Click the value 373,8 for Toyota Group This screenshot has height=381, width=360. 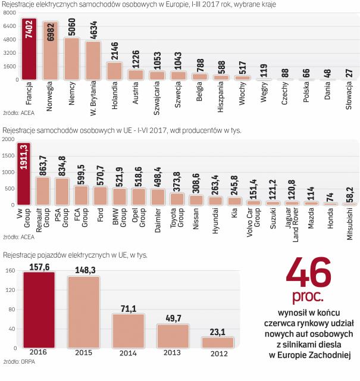tap(177, 180)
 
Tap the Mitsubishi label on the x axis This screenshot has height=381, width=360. tap(349, 224)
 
